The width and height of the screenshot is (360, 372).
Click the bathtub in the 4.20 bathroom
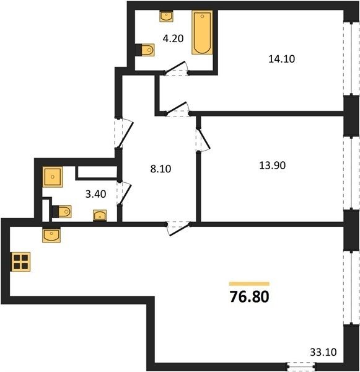(x=202, y=32)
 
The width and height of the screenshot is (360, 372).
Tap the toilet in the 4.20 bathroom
(x=145, y=50)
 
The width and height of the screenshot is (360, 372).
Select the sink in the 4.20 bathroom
(x=166, y=16)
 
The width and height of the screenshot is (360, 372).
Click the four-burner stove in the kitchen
(x=20, y=262)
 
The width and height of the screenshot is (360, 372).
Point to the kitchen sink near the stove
(x=51, y=235)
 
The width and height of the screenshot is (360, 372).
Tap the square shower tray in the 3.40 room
(x=53, y=177)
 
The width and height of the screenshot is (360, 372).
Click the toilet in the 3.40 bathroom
(x=61, y=211)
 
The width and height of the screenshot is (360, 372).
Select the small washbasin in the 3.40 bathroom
(x=100, y=215)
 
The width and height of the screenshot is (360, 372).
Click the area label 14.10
(x=281, y=59)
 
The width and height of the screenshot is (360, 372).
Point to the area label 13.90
(x=272, y=166)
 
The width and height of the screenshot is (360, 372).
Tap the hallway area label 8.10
(x=160, y=169)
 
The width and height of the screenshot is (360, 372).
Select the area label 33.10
(x=323, y=352)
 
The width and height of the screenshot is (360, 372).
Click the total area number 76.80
(x=250, y=297)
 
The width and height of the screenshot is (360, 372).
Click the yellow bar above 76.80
(x=249, y=284)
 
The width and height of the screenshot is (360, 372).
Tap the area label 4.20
(x=173, y=38)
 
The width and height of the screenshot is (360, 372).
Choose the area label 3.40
(x=95, y=194)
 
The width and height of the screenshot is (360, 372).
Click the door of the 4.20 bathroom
(x=176, y=68)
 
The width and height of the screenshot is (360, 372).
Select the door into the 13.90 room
(x=203, y=139)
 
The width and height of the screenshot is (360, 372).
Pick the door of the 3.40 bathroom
(x=124, y=193)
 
